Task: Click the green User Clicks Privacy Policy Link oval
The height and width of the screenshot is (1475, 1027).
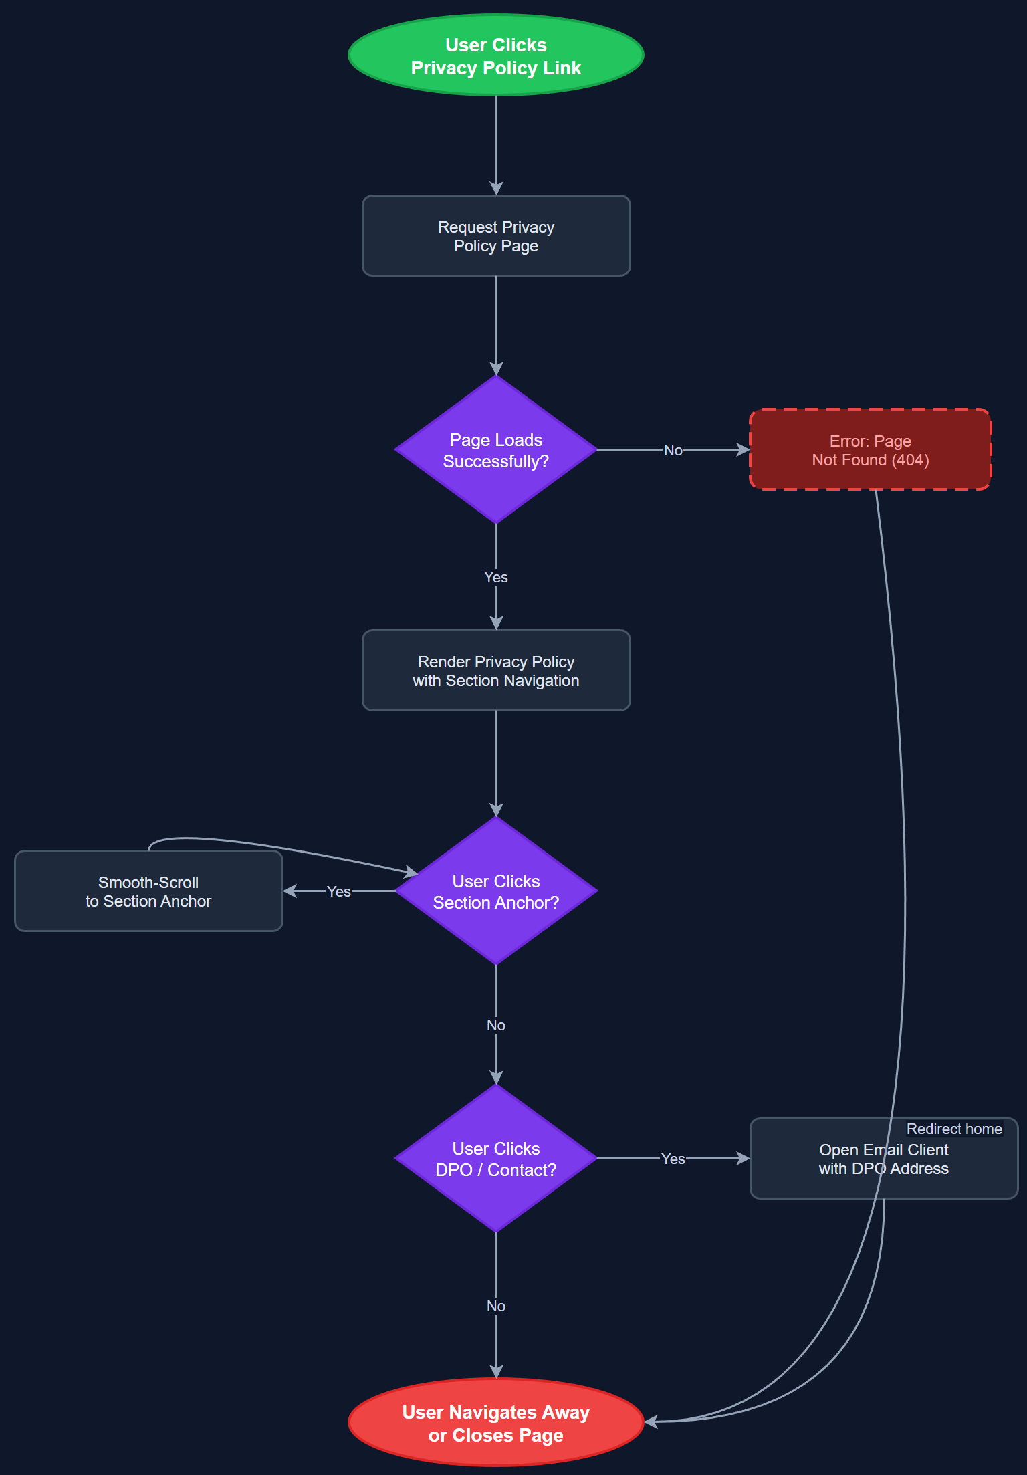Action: pyautogui.click(x=495, y=55)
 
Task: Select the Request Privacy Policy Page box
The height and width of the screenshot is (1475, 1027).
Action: pyautogui.click(x=495, y=236)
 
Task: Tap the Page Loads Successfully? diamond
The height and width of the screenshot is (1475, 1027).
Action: pyautogui.click(x=495, y=450)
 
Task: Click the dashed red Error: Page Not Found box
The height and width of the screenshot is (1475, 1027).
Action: pyautogui.click(x=870, y=450)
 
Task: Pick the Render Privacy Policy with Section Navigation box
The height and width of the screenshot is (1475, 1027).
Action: pyautogui.click(x=495, y=671)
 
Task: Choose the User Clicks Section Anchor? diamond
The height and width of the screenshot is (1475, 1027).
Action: pyautogui.click(x=495, y=891)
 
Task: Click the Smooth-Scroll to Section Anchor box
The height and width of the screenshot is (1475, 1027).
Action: pyautogui.click(x=148, y=891)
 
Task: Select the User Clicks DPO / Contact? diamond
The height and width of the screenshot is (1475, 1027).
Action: pyautogui.click(x=495, y=1159)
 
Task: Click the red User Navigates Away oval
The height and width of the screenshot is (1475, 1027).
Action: pyautogui.click(x=495, y=1423)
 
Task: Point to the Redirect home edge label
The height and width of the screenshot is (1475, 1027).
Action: pyautogui.click(x=954, y=1129)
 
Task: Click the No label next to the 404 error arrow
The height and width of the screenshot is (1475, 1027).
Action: pyautogui.click(x=673, y=451)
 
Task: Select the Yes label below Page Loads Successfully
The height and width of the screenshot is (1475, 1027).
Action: pyautogui.click(x=495, y=577)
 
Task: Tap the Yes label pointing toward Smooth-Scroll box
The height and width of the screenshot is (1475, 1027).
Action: pyautogui.click(x=338, y=891)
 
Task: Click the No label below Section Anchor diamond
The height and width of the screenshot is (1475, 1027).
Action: pyautogui.click(x=495, y=1025)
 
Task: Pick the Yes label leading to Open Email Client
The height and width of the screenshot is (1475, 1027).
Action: pyautogui.click(x=673, y=1159)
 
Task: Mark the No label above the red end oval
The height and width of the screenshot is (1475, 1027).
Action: pyautogui.click(x=495, y=1306)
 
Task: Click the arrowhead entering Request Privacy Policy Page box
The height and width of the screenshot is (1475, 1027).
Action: pyautogui.click(x=496, y=189)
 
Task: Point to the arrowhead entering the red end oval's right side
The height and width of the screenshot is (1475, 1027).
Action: pyautogui.click(x=651, y=1422)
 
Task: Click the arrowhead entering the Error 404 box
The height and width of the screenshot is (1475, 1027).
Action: pyautogui.click(x=743, y=450)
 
